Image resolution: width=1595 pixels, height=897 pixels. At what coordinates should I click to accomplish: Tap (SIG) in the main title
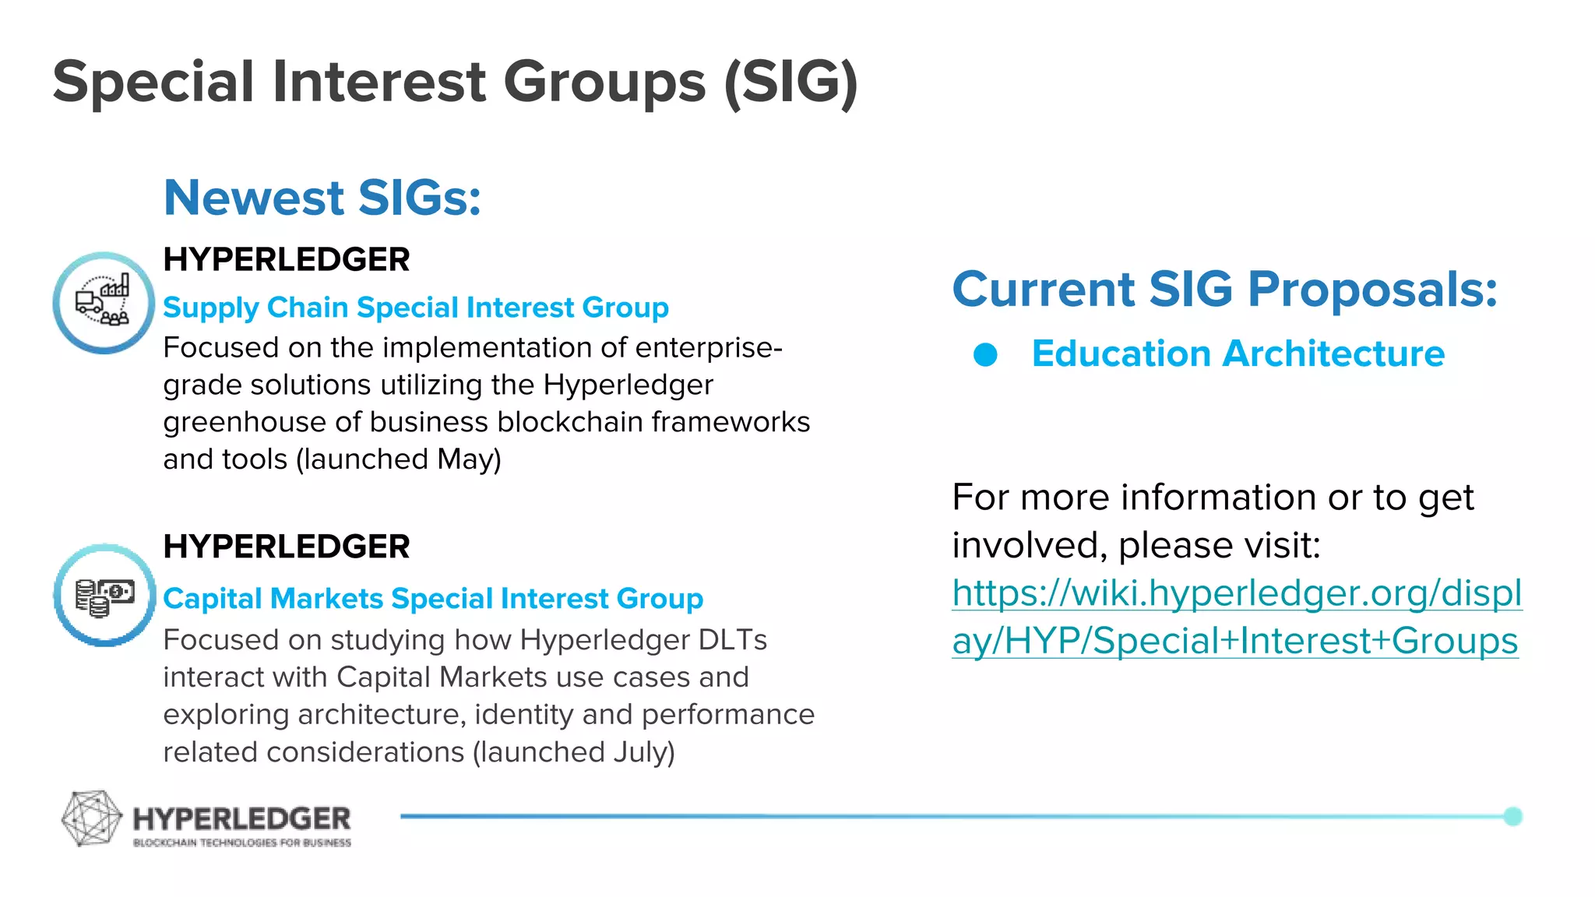pyautogui.click(x=790, y=82)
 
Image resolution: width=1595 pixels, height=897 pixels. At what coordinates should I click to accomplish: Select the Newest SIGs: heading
pyautogui.click(x=322, y=197)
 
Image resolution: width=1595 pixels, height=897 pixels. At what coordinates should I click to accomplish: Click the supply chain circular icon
pyautogui.click(x=104, y=303)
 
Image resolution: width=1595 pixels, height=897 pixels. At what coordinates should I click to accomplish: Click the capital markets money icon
pyautogui.click(x=104, y=596)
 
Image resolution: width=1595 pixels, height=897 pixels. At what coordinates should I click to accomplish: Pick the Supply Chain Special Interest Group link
pyautogui.click(x=415, y=307)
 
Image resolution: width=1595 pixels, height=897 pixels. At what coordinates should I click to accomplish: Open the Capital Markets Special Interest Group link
pyautogui.click(x=433, y=598)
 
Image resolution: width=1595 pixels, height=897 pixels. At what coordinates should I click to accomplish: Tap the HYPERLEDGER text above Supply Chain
pyautogui.click(x=286, y=259)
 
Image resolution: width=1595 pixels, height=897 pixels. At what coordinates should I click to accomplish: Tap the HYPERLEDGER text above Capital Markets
pyautogui.click(x=286, y=547)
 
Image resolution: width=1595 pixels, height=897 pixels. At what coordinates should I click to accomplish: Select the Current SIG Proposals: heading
pyautogui.click(x=1224, y=289)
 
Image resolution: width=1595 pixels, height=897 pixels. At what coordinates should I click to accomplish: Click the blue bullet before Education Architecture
pyautogui.click(x=985, y=355)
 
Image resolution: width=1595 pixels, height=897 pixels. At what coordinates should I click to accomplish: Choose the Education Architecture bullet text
pyautogui.click(x=1238, y=354)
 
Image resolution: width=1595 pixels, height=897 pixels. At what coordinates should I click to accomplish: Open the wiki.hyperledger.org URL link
pyautogui.click(x=1236, y=617)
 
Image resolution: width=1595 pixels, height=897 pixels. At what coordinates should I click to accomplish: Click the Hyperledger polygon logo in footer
pyautogui.click(x=91, y=818)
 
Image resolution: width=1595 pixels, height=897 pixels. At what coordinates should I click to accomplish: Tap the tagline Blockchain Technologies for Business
pyautogui.click(x=241, y=842)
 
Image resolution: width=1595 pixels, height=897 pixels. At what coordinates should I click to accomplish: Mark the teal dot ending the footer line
pyautogui.click(x=1512, y=816)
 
